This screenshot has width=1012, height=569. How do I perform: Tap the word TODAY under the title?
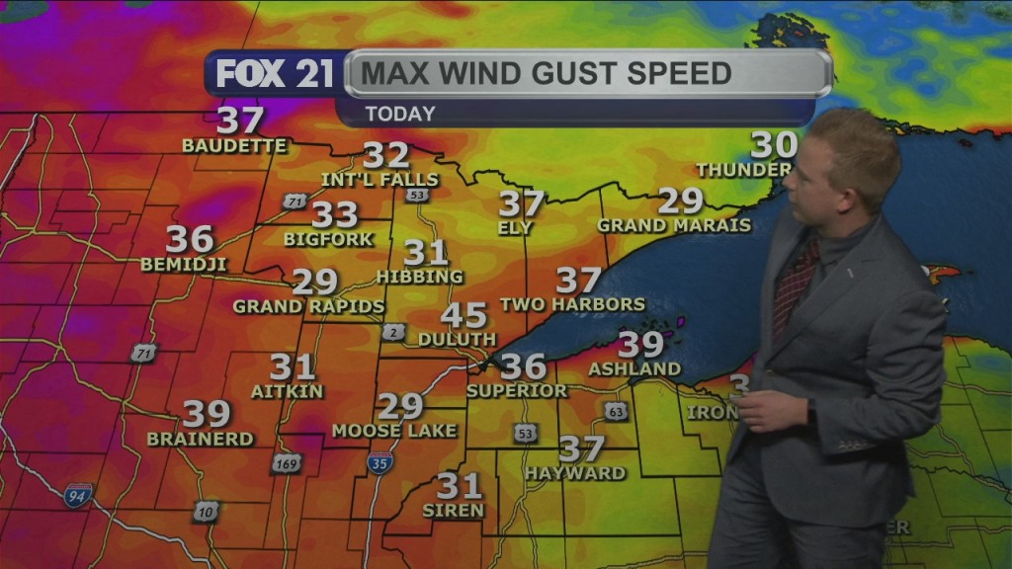click(399, 114)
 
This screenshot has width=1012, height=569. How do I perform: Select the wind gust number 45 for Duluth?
click(464, 316)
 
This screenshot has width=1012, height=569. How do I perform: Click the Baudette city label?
click(234, 146)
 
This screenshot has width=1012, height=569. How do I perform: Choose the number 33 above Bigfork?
click(335, 214)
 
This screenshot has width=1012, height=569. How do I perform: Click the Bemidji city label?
click(184, 264)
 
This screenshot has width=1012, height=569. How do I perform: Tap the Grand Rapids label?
click(308, 306)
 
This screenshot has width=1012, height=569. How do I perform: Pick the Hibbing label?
click(420, 277)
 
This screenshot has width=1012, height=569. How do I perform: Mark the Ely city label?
click(516, 228)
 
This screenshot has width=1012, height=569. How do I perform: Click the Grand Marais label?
click(674, 225)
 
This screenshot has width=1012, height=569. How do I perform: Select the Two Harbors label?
click(572, 304)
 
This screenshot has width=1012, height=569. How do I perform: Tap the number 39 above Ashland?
click(640, 345)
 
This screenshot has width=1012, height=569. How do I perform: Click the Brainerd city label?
click(201, 438)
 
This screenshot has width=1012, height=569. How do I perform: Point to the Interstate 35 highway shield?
click(379, 461)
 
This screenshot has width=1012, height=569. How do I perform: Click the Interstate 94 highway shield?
click(78, 496)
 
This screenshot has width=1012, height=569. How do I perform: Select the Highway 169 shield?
click(287, 462)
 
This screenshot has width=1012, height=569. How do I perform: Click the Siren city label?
click(454, 511)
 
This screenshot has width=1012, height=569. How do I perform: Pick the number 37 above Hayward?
click(581, 449)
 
